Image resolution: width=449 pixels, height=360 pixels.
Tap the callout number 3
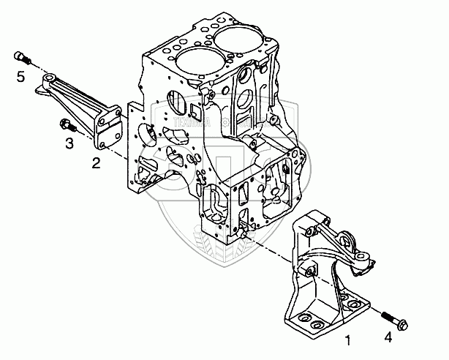(69, 143)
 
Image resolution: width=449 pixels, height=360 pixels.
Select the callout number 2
(96, 162)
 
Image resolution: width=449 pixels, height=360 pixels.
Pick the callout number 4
(388, 337)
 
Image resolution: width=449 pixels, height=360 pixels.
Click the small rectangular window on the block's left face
(195, 110)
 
